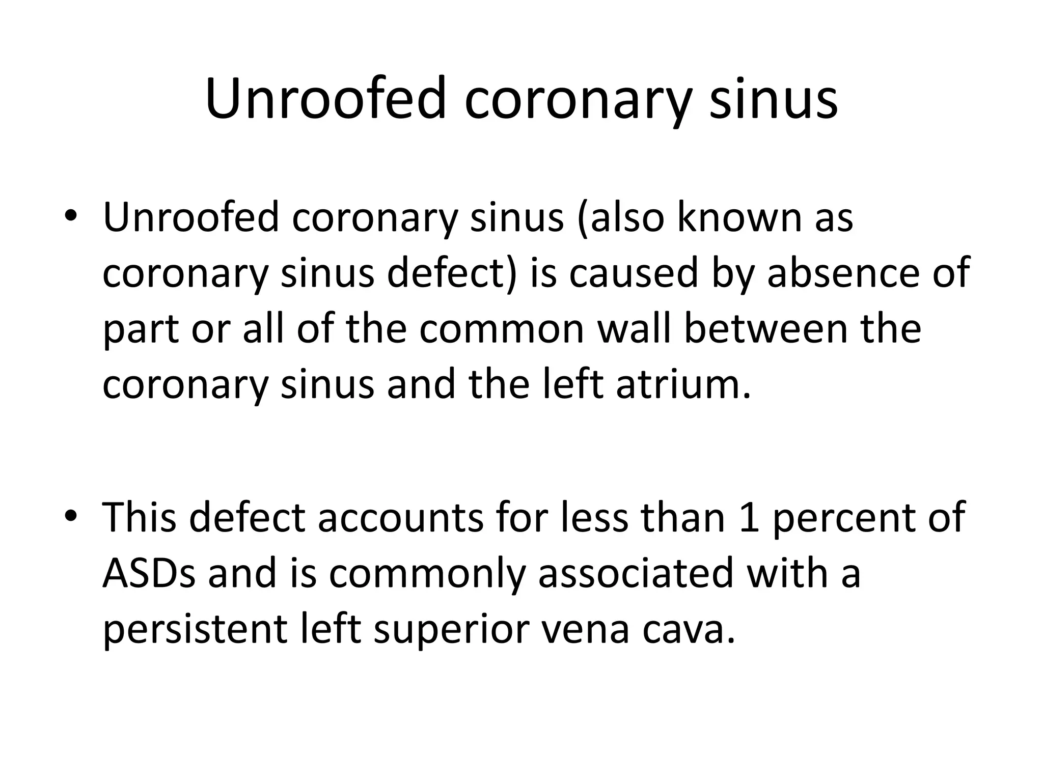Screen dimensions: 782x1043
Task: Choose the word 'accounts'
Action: coord(400,517)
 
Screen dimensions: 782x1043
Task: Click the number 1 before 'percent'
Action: coord(749,517)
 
